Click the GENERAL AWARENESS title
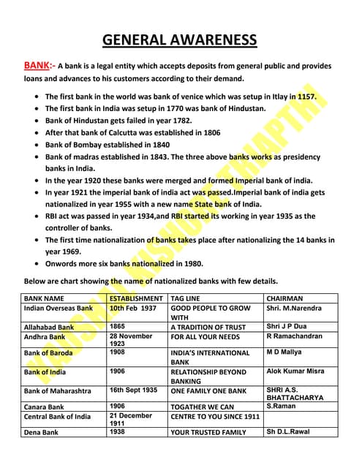[179, 39]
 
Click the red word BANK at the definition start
[37, 65]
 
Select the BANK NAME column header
[44, 298]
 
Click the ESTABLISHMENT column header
[136, 298]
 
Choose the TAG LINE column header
[188, 298]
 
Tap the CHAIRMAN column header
[285, 298]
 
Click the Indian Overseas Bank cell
[59, 309]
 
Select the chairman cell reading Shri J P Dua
[287, 326]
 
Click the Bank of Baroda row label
[48, 352]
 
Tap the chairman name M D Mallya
[284, 352]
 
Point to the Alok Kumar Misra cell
[295, 371]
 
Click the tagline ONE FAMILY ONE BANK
[208, 391]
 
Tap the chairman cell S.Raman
[281, 406]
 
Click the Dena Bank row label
[41, 432]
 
